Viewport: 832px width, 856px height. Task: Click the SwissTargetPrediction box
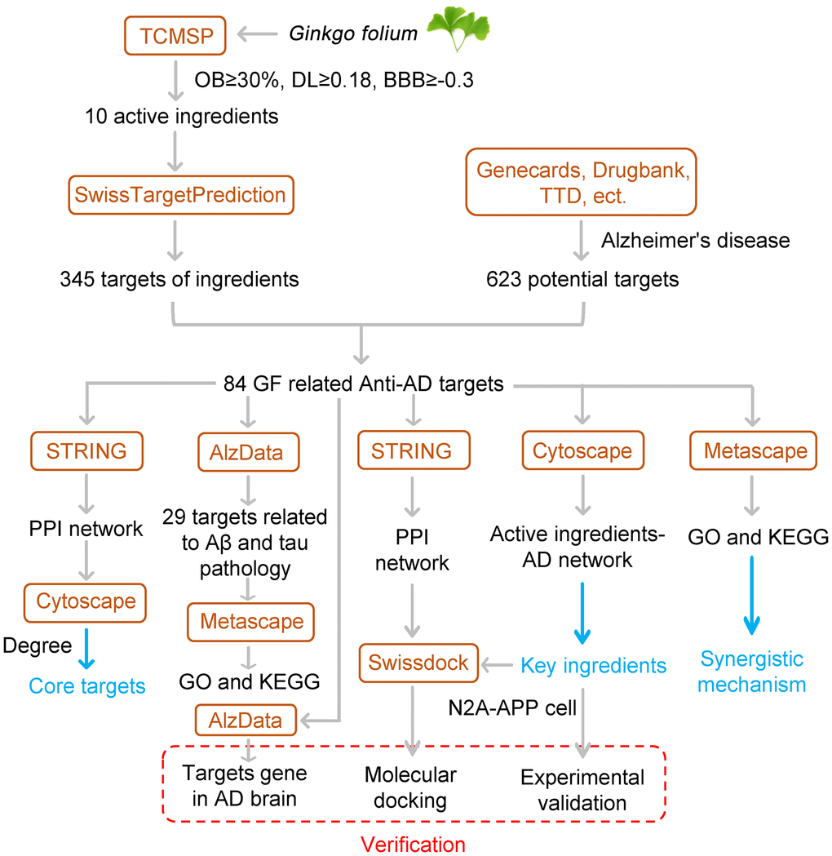tap(180, 195)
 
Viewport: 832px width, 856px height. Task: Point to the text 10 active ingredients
tap(181, 117)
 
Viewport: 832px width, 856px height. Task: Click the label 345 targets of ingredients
tap(179, 279)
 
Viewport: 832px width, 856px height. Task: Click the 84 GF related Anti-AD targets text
tap(364, 383)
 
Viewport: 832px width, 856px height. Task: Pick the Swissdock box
tap(417, 663)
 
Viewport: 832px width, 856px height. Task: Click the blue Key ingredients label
tap(594, 665)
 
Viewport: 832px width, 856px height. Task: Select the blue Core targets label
tap(87, 685)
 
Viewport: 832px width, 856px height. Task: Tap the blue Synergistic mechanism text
tap(752, 671)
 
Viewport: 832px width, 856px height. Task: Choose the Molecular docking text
tap(410, 787)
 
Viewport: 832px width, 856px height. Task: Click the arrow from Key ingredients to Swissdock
tap(498, 664)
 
